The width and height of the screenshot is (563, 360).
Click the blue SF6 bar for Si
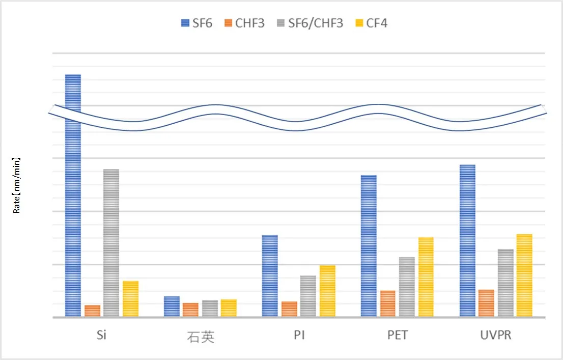(73, 214)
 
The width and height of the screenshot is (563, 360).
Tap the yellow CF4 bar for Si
(130, 299)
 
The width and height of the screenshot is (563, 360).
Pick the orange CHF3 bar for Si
(92, 311)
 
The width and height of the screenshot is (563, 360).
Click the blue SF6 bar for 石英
(172, 307)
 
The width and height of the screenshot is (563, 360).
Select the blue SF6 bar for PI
(270, 276)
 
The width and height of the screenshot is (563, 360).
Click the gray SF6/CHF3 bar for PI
(308, 296)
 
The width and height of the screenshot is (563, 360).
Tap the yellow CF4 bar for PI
(327, 291)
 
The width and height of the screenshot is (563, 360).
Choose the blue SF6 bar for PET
(369, 246)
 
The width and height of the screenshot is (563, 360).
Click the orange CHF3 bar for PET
(388, 303)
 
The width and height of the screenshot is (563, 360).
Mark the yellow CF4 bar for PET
(426, 277)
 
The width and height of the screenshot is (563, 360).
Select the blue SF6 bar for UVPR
(467, 241)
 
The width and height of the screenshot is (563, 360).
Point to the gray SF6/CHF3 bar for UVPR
(505, 283)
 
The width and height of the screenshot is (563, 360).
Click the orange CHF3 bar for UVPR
(486, 303)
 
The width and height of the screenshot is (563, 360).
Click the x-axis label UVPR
(496, 336)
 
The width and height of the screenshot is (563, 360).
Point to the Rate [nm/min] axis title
(16, 184)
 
